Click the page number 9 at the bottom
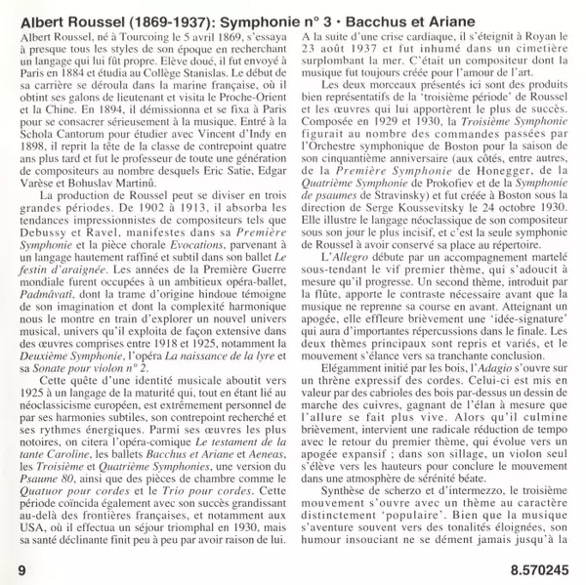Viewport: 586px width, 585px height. tap(21, 567)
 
